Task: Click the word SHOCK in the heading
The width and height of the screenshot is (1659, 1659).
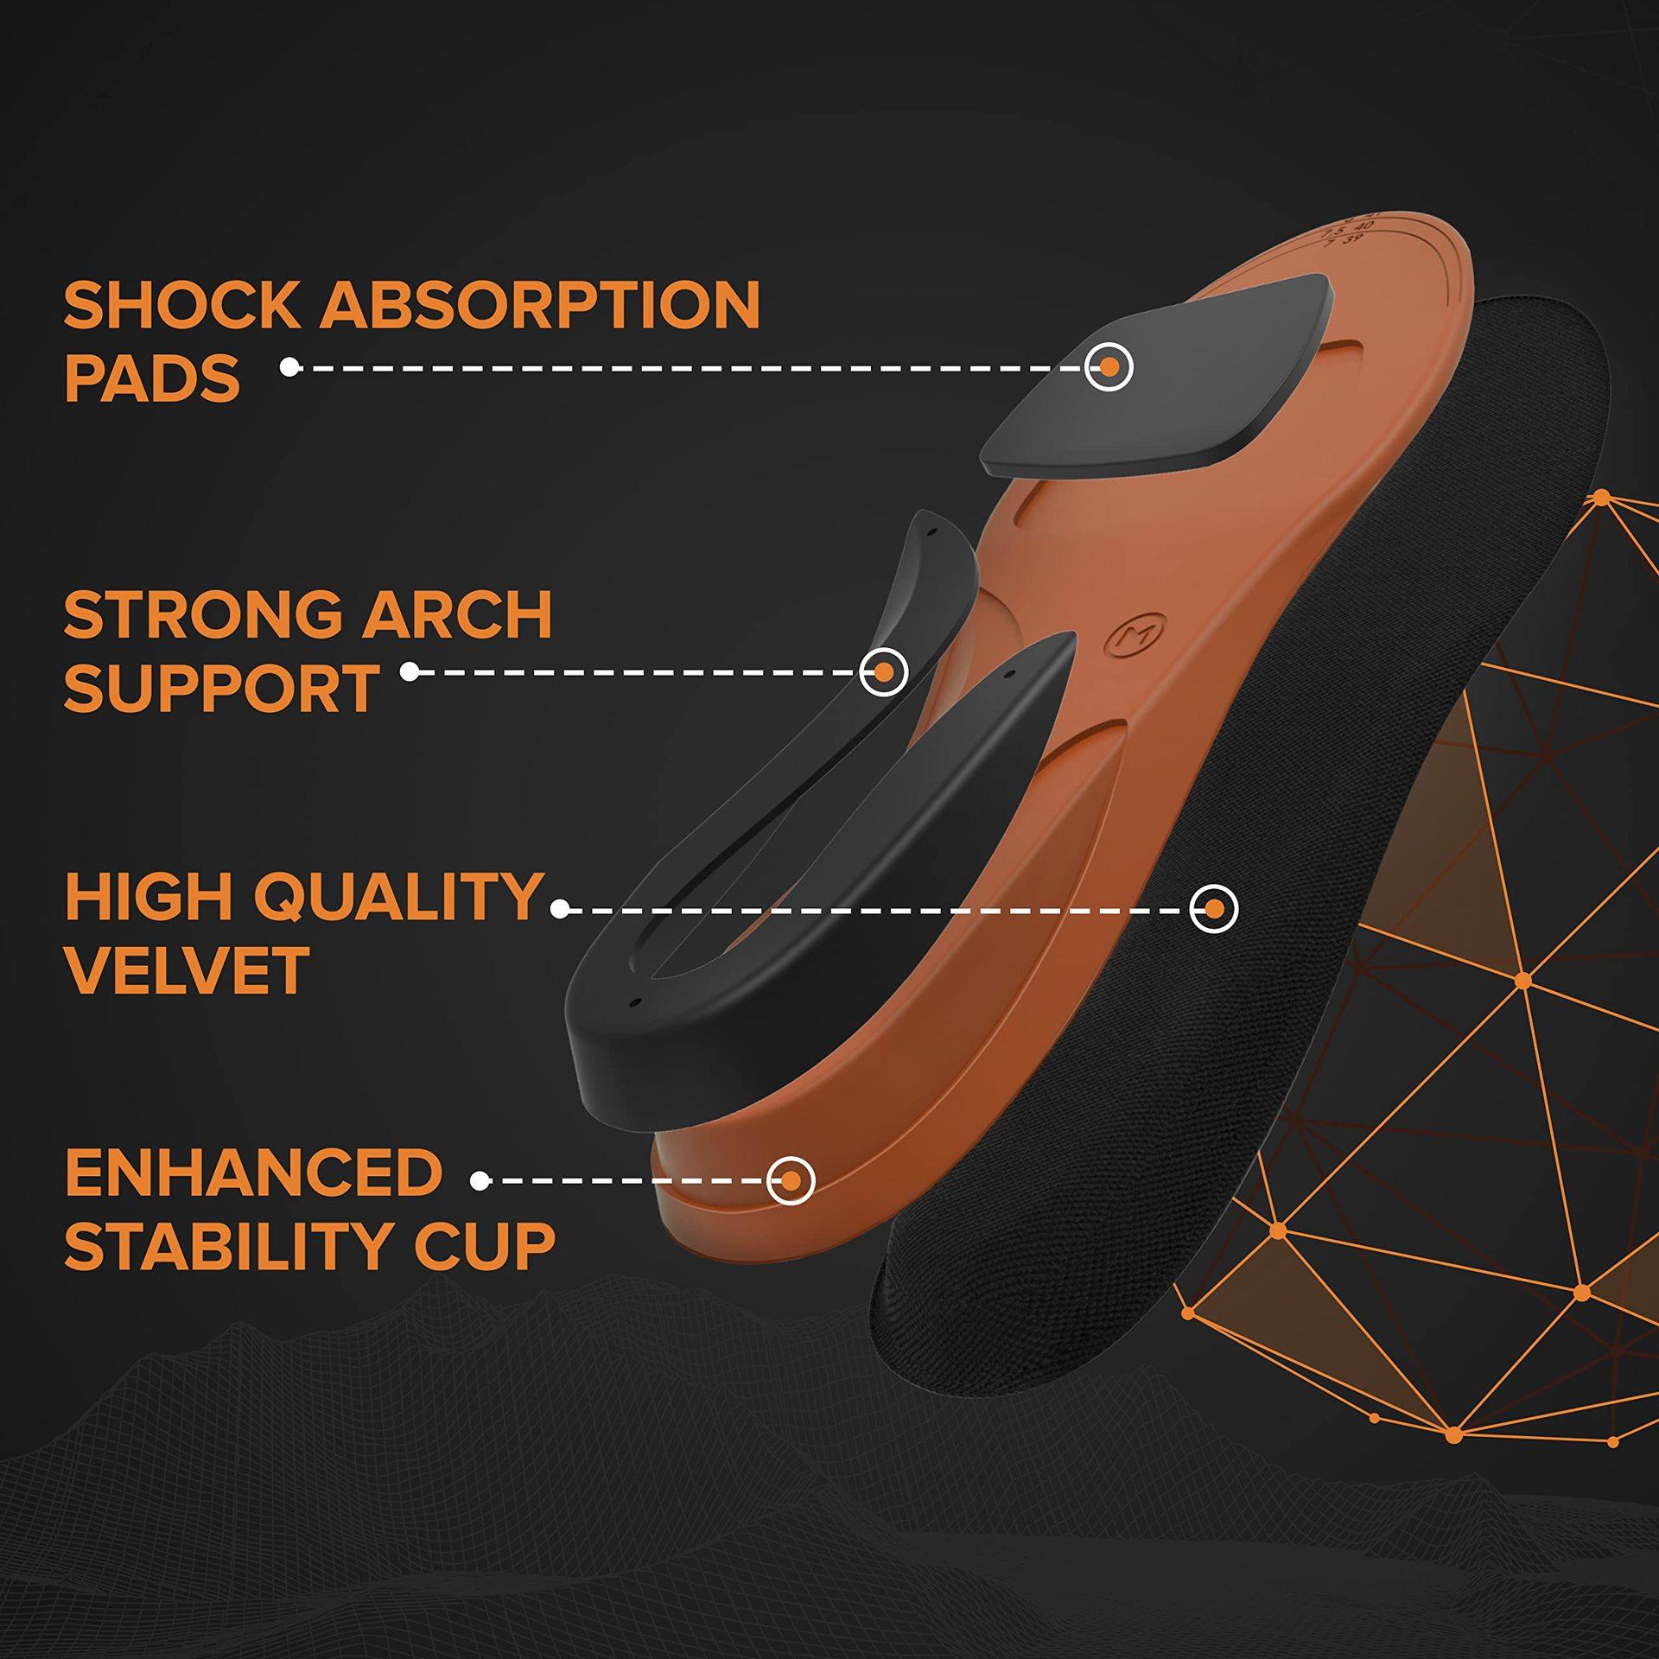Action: coord(181,305)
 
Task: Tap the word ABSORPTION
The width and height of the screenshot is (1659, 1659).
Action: coord(541,305)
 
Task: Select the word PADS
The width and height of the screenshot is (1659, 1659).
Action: coord(152,378)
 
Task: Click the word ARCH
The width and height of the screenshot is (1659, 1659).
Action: coord(457,615)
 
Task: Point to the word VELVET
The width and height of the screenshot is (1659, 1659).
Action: coord(187,970)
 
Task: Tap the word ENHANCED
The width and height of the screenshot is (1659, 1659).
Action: coord(254,1173)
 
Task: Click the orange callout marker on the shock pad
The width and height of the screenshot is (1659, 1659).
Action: coord(1109,367)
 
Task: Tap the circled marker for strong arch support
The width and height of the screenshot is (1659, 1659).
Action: coord(883,671)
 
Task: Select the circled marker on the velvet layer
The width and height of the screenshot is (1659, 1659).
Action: coord(1213,909)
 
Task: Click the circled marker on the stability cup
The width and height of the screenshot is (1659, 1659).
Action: coord(791,1180)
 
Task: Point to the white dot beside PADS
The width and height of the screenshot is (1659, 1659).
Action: coord(289,367)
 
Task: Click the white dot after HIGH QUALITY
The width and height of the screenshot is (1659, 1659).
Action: coord(560,909)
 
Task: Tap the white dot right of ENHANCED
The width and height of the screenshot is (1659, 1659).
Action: coord(481,1180)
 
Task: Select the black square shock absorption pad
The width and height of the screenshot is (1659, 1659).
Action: coord(1157,374)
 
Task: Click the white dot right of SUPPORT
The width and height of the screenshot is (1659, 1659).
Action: coord(410,671)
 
